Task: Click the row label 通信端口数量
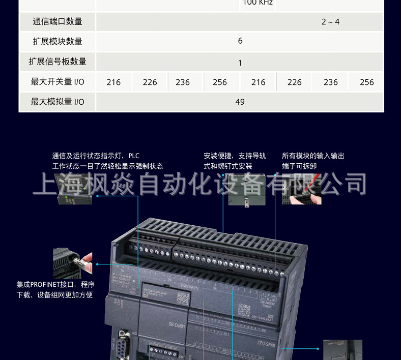(x=57, y=21)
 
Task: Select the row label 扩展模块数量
(x=57, y=41)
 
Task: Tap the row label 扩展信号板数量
(x=57, y=62)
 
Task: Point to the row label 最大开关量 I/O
(x=57, y=82)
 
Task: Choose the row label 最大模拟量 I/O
(x=57, y=102)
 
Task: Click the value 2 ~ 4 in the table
(x=330, y=21)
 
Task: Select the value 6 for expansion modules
(x=240, y=41)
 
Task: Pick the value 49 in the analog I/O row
(x=240, y=102)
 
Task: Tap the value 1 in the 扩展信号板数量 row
(x=240, y=63)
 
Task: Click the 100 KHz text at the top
(x=258, y=3)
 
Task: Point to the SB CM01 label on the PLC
(x=177, y=325)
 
